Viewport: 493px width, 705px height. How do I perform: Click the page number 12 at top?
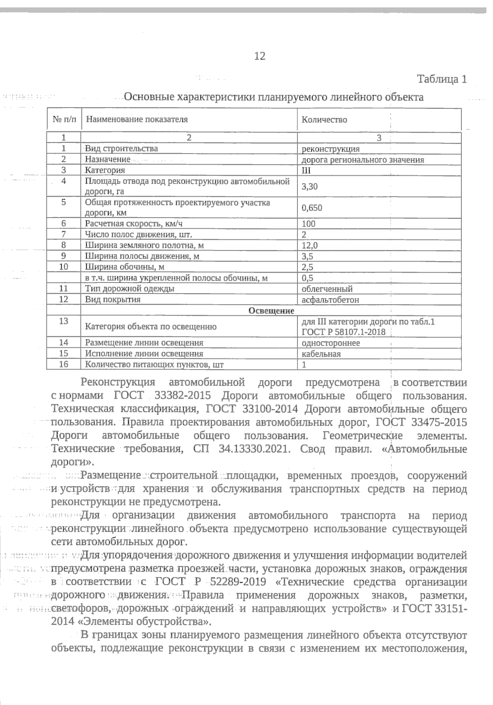tap(260, 56)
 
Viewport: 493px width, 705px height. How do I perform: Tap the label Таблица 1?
tap(442, 79)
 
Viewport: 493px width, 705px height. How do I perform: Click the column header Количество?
tap(324, 120)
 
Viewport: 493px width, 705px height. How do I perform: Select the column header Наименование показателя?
tap(136, 119)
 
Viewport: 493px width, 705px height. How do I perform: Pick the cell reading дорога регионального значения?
tap(363, 160)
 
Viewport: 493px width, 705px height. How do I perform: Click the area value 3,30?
tap(309, 186)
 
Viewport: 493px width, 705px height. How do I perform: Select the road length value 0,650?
tap(311, 208)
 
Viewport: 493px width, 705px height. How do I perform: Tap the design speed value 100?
tap(308, 224)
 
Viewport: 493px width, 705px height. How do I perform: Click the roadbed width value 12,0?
tap(309, 246)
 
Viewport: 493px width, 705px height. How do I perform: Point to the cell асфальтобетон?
tap(330, 300)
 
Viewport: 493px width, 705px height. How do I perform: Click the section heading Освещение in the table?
tap(271, 311)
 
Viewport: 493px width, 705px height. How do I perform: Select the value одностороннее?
tap(331, 343)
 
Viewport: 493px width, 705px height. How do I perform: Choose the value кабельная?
tap(321, 354)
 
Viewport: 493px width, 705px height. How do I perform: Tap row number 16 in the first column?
tap(64, 364)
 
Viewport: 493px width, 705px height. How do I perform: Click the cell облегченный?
tap(327, 289)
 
